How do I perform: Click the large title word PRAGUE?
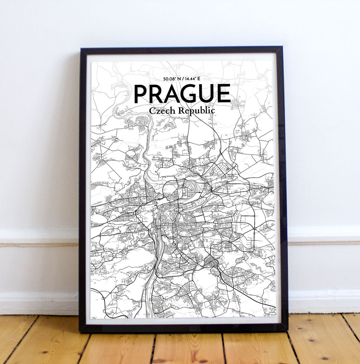point(182,94)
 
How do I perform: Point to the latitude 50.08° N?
point(169,79)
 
